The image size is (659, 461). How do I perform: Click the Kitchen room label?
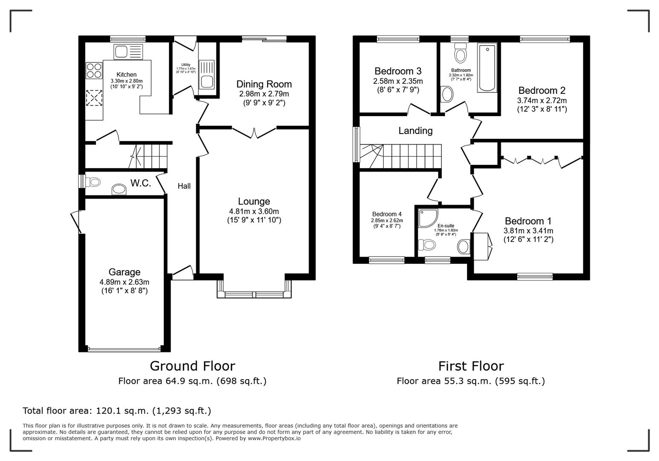click(126, 75)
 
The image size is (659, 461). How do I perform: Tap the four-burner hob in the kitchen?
click(94, 70)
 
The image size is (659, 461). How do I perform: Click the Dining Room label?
click(264, 84)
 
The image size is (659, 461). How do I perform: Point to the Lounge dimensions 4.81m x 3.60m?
click(254, 211)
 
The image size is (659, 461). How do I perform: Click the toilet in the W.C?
click(93, 182)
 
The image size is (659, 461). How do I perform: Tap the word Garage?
click(124, 272)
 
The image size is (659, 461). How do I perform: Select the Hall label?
click(184, 186)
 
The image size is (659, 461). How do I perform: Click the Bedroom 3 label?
click(398, 71)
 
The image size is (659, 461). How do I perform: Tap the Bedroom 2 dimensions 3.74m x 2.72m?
click(542, 101)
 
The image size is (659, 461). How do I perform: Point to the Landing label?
click(415, 131)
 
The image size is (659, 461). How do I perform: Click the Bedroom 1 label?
click(528, 221)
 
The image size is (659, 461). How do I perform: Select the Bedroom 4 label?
click(387, 214)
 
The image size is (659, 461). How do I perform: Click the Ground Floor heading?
click(192, 366)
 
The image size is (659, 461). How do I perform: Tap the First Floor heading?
click(471, 366)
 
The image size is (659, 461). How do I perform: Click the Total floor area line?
click(117, 411)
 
